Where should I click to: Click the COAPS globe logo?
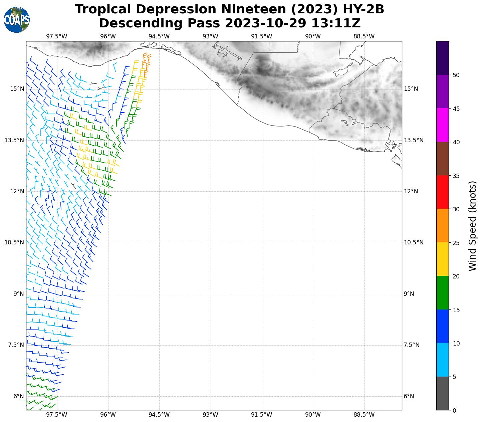17,20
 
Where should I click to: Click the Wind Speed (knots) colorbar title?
472,226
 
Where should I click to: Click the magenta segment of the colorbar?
443,125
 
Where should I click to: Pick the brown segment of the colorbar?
443,159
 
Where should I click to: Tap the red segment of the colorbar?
443,192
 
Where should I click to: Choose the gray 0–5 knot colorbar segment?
443,393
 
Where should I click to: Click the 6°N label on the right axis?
409,396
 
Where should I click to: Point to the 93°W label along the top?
210,36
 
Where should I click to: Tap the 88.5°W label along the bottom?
364,415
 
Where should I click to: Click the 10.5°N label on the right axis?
414,242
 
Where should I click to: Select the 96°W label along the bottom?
108,415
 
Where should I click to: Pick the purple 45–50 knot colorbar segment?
443,91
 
